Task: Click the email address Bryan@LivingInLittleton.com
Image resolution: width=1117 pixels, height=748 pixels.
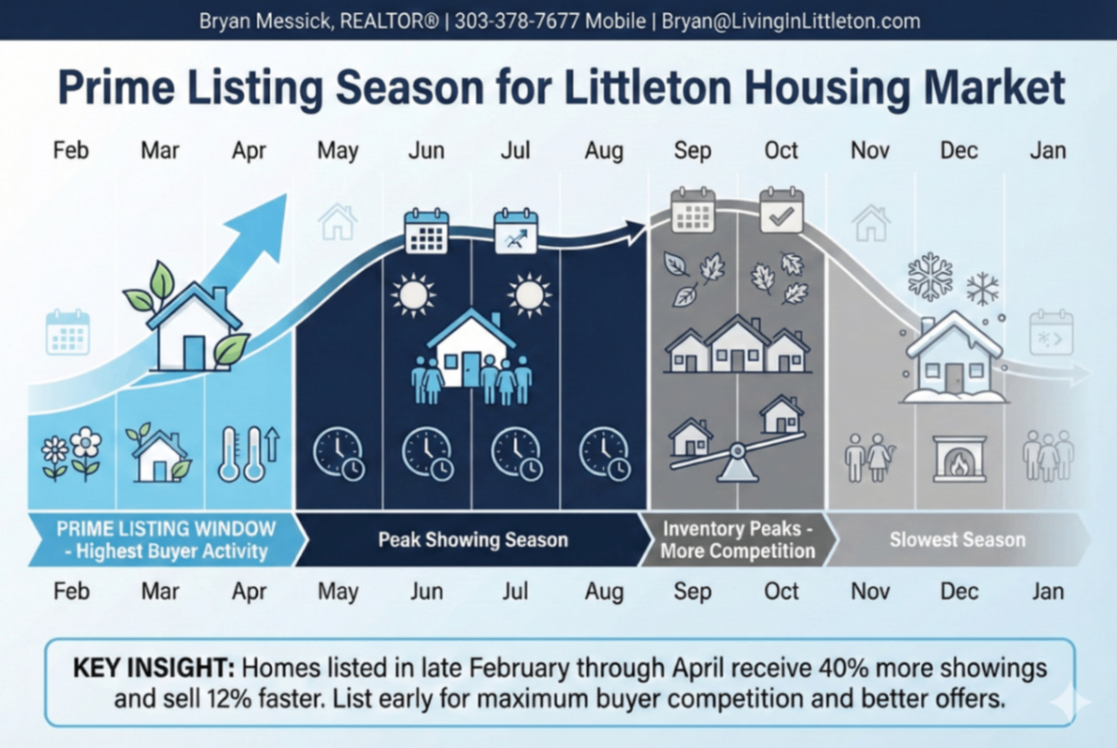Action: pos(790,21)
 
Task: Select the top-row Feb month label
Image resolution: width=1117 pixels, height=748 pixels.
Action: pos(71,150)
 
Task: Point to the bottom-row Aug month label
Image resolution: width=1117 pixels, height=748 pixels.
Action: pos(603,592)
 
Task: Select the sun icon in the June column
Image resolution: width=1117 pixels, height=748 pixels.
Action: pos(413,295)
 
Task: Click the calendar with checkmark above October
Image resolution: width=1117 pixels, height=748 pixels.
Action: pos(781,211)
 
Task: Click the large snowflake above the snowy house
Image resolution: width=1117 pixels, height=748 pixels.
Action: pos(930,277)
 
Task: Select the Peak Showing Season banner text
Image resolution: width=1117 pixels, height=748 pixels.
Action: pos(473,540)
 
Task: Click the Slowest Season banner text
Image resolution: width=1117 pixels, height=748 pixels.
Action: pos(957,540)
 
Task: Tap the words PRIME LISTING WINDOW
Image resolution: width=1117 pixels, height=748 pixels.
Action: pos(165,528)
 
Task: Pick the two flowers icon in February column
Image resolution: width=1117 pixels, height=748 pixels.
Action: pos(71,454)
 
